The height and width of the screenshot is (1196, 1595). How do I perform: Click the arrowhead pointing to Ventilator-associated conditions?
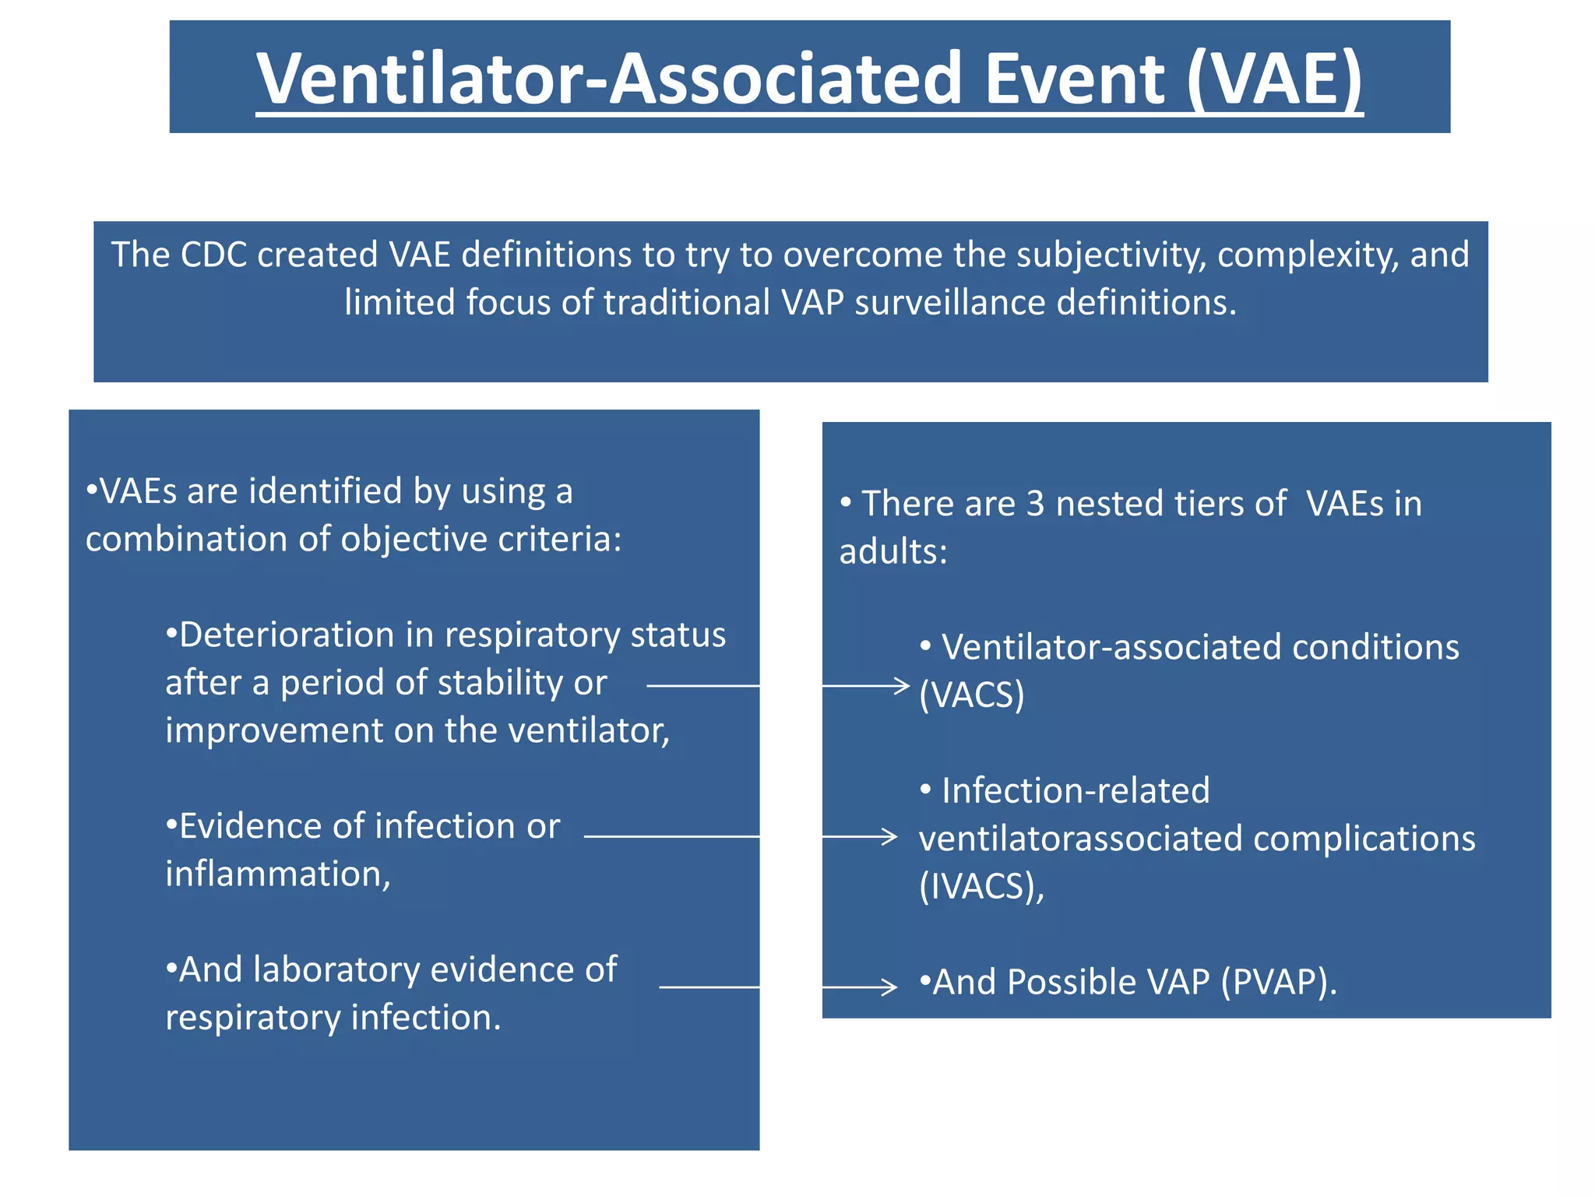coord(903,686)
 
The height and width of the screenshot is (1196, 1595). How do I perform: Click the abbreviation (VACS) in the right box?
coord(971,695)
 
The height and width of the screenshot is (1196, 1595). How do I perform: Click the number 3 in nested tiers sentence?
coord(1035,504)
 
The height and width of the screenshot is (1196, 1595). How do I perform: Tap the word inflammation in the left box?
coord(277,874)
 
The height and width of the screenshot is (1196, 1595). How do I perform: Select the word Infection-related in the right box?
coord(1076,791)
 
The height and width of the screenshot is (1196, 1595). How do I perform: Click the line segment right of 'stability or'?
coord(702,686)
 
